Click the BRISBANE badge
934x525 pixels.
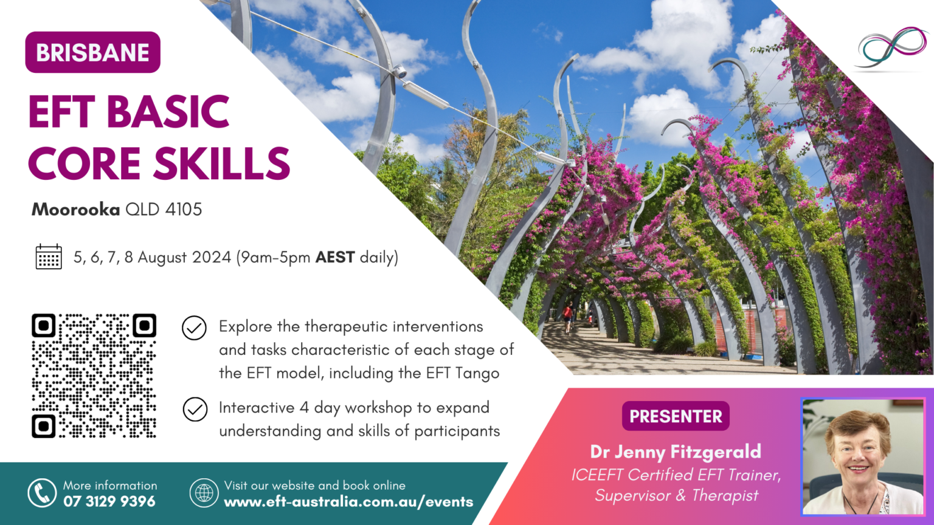point(92,53)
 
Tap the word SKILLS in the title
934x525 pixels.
point(221,164)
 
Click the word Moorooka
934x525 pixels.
point(75,210)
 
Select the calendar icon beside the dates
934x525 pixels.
point(49,257)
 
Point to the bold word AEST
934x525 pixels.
point(334,257)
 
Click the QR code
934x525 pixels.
point(94,376)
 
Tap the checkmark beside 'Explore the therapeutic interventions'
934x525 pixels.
point(194,328)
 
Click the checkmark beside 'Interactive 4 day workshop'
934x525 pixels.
point(195,410)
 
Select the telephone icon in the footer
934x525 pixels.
point(42,493)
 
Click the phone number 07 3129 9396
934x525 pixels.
point(109,502)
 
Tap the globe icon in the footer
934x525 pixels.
point(204,493)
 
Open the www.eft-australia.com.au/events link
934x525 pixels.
point(348,502)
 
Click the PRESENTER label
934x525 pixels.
point(676,416)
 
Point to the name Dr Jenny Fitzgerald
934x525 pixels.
point(676,451)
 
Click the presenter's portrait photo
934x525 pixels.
point(862,457)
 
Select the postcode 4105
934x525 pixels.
point(184,210)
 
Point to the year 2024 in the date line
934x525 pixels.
point(212,257)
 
